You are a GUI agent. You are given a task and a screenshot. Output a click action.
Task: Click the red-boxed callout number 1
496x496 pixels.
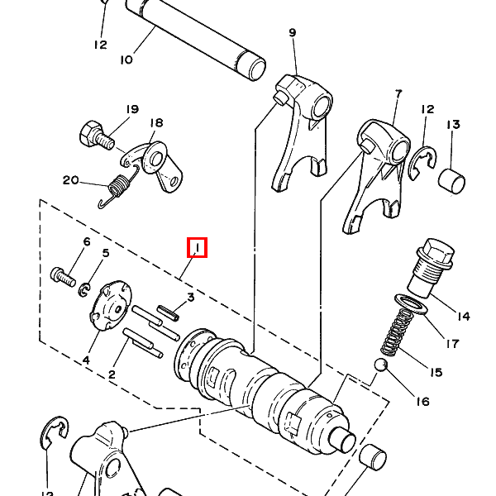coord(197,248)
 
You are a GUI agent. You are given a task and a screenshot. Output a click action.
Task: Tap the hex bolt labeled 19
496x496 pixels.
coord(97,135)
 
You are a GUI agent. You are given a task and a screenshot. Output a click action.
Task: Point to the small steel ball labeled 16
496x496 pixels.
coord(380,365)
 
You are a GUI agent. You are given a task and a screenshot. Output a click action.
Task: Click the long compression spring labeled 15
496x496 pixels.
coord(397,331)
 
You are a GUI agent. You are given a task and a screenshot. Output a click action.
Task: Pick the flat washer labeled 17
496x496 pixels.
coord(411,304)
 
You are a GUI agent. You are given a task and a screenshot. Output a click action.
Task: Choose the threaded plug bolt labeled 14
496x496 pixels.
coord(432,268)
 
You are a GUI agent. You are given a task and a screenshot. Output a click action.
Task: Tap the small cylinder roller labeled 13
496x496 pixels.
coord(451,181)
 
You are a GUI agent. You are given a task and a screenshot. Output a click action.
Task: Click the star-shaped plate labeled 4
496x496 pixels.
coord(111,305)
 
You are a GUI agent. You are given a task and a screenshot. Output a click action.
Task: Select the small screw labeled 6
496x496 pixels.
coord(63,278)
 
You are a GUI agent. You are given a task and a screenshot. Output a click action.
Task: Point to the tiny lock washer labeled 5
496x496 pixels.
coord(83,290)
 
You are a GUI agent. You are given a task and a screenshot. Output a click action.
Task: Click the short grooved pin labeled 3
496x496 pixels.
coord(169,312)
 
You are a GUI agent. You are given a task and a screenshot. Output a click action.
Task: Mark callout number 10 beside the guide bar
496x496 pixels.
coord(126,60)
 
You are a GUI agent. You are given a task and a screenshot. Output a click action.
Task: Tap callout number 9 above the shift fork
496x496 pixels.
coord(293,32)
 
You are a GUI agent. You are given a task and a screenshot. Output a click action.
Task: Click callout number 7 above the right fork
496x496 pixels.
coord(398,94)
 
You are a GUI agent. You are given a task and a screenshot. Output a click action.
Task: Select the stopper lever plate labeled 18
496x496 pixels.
coord(152,166)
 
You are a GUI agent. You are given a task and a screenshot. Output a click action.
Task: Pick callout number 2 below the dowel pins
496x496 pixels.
coord(112,374)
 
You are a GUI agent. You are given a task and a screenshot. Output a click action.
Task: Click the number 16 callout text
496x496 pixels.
coord(422,402)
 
